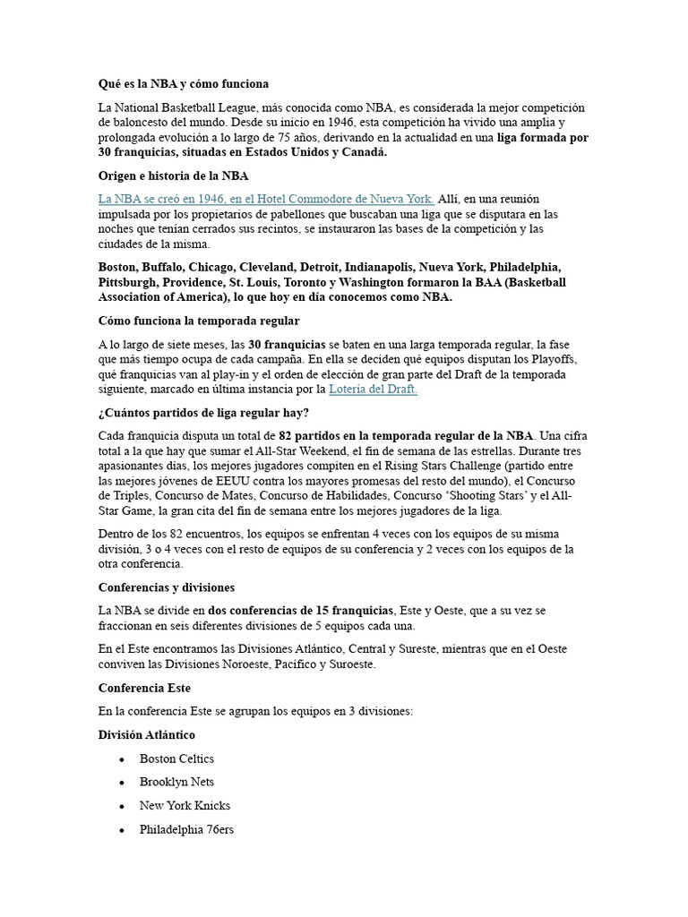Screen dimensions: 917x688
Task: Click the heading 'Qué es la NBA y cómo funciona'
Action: point(183,84)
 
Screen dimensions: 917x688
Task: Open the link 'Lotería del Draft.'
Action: point(373,390)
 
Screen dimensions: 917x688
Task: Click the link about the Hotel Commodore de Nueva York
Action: point(266,199)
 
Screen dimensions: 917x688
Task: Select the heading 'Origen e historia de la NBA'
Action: point(173,176)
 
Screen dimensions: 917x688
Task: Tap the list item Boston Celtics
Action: point(176,758)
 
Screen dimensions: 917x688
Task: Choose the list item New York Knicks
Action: point(185,806)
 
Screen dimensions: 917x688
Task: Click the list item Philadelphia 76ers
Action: point(186,830)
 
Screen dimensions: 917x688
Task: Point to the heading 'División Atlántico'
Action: point(146,734)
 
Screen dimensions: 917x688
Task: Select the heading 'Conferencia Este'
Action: point(143,688)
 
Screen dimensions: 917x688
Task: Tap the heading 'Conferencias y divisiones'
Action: point(166,587)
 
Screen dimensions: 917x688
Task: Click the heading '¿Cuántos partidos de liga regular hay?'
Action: point(203,413)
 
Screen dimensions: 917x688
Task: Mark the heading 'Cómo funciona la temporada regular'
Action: point(199,320)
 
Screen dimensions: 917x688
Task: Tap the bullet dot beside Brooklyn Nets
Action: point(121,783)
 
